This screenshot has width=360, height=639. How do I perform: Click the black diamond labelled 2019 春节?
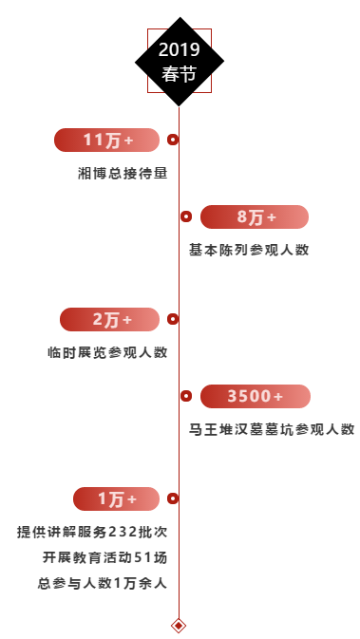click(x=179, y=62)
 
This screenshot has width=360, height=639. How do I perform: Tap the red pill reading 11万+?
click(x=106, y=140)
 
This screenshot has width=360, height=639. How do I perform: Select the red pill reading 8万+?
click(x=255, y=217)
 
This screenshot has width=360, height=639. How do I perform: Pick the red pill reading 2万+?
click(x=109, y=320)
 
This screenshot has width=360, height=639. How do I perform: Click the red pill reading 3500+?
click(x=255, y=396)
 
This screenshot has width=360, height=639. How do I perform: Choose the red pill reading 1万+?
click(x=116, y=498)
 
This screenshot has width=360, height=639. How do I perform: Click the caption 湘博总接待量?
click(x=123, y=173)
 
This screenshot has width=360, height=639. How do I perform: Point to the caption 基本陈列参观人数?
click(x=249, y=250)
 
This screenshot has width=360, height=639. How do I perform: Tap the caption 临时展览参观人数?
click(x=107, y=352)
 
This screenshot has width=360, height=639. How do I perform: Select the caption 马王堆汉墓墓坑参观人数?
click(x=272, y=429)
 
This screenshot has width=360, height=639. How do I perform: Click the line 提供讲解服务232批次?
click(x=92, y=532)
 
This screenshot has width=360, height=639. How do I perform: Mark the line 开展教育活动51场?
click(x=104, y=557)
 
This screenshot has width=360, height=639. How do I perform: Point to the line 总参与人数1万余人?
click(x=103, y=583)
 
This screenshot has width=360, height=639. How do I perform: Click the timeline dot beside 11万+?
click(x=173, y=140)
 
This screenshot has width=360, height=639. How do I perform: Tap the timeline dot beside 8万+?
click(x=186, y=217)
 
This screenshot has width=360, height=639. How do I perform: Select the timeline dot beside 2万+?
click(x=173, y=320)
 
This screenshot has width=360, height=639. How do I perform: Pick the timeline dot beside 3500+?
click(x=186, y=396)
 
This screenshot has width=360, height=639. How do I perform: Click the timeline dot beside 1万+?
click(x=173, y=498)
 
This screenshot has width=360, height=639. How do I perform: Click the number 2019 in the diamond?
click(x=179, y=49)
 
